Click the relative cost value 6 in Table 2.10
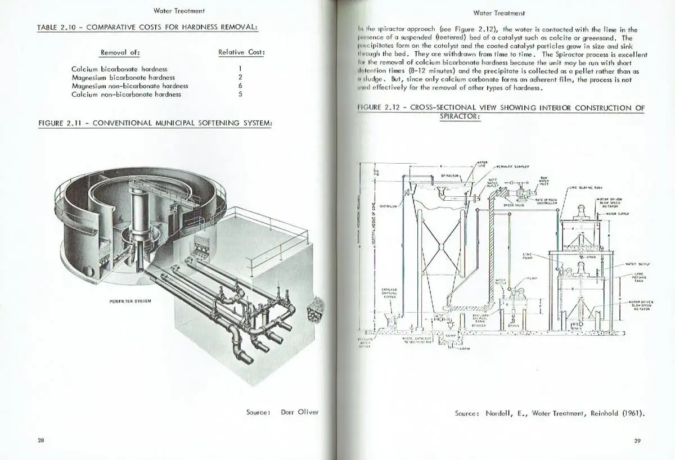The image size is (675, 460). click(240, 86)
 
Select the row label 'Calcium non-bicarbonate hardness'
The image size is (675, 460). click(126, 94)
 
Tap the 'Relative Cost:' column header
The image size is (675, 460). click(241, 52)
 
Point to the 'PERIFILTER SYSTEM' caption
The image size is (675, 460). click(130, 301)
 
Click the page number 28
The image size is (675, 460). click(41, 440)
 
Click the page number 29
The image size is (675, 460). click(637, 441)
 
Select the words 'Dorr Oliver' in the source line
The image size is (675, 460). click(299, 412)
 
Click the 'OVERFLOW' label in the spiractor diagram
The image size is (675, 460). click(389, 206)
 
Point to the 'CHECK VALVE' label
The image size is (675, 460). click(514, 205)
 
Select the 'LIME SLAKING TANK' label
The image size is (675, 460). click(588, 188)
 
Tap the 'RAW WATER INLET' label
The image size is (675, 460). click(544, 181)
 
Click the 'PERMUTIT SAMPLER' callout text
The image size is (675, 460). click(510, 167)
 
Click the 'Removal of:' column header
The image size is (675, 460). click(120, 52)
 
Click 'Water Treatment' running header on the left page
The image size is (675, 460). click(179, 10)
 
